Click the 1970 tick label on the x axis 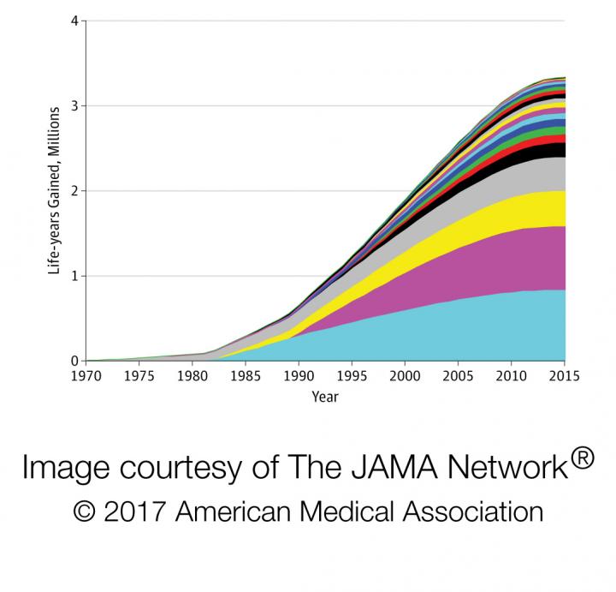[x=86, y=376]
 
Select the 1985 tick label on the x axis [x=246, y=376]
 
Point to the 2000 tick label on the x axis [x=406, y=376]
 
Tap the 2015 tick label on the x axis [x=565, y=376]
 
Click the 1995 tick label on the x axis [x=352, y=376]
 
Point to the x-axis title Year [x=326, y=398]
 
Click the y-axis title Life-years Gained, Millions [x=53, y=190]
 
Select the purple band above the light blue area [x=496, y=257]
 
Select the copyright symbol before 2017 [x=86, y=511]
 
